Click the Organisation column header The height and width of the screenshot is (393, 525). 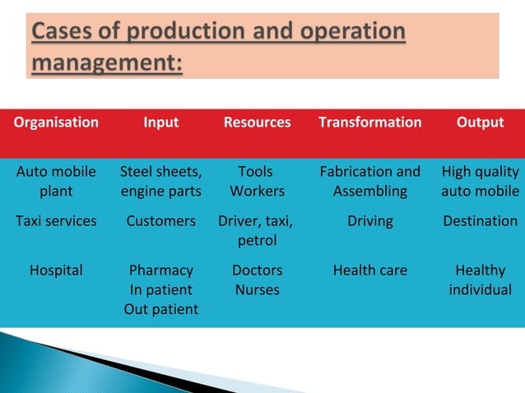point(56,123)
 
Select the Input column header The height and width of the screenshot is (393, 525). point(160,123)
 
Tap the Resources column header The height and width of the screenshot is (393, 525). point(257,123)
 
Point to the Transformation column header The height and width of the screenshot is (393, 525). point(369,123)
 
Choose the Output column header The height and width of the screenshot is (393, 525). point(480,123)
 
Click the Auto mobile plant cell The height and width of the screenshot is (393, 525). point(56,182)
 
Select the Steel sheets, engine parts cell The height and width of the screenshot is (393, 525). point(160,182)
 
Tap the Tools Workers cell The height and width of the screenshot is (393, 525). point(257,182)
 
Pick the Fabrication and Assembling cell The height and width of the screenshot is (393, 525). point(369,182)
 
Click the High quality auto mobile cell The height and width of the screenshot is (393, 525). point(480,182)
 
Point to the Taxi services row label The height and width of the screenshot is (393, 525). point(56,221)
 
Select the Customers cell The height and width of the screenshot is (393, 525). point(160,221)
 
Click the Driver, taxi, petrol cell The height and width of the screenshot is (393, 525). point(257,231)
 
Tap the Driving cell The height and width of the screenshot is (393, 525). point(369,221)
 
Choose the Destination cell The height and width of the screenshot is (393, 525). point(480,221)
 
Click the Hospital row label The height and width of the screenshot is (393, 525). point(56,270)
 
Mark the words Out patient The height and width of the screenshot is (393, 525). point(160,309)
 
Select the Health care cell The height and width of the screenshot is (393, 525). point(369,270)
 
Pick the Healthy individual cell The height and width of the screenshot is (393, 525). point(480,280)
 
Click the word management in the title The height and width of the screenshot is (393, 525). point(108,61)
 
